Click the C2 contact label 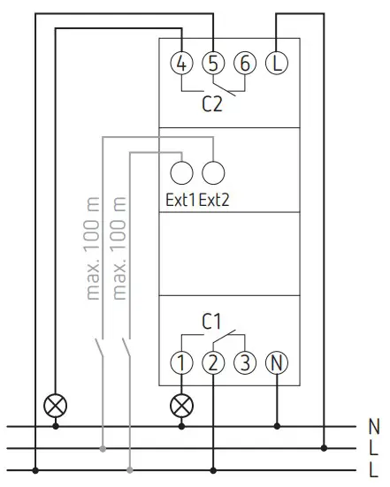[x=212, y=104]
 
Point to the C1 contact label [x=211, y=321]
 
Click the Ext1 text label [x=180, y=200]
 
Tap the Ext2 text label [x=214, y=200]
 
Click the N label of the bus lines [x=374, y=426]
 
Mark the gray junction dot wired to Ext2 [x=103, y=448]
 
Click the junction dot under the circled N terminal [x=277, y=426]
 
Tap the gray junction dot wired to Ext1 [x=130, y=470]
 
